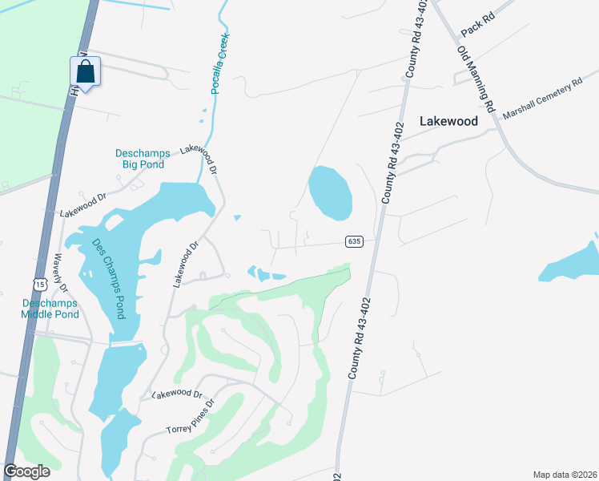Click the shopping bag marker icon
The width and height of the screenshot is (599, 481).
click(x=85, y=72)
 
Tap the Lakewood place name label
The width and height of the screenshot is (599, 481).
click(x=448, y=122)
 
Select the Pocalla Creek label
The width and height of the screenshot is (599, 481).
click(x=220, y=64)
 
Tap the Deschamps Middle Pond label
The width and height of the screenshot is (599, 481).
click(x=50, y=309)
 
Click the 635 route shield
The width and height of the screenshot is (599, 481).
click(x=356, y=241)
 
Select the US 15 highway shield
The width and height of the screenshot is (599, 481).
click(x=39, y=284)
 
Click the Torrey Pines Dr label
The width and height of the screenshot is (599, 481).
click(x=191, y=418)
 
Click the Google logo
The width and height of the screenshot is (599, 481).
click(x=26, y=471)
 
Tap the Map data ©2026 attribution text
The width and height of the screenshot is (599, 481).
click(x=564, y=474)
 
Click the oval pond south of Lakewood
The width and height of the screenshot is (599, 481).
click(x=330, y=192)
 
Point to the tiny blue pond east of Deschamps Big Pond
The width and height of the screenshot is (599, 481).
click(x=237, y=217)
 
